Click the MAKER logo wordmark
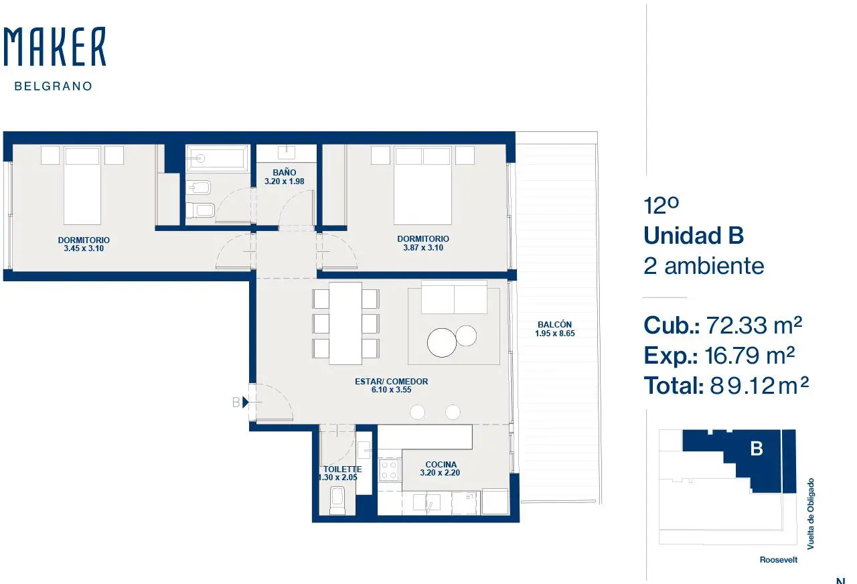pyautogui.click(x=55, y=47)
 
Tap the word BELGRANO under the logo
pyautogui.click(x=54, y=86)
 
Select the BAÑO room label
pyautogui.click(x=285, y=173)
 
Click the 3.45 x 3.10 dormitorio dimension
pyautogui.click(x=84, y=248)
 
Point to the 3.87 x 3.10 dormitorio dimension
pyautogui.click(x=423, y=248)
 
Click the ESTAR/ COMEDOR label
pyautogui.click(x=392, y=382)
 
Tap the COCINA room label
pyautogui.click(x=441, y=465)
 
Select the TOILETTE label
pyautogui.click(x=342, y=469)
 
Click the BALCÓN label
pyautogui.click(x=555, y=325)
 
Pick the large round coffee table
pyautogui.click(x=442, y=342)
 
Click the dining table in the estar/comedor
pyautogui.click(x=345, y=323)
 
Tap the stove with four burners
pyautogui.click(x=389, y=470)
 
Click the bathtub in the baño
pyautogui.click(x=217, y=157)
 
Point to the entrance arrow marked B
pyautogui.click(x=246, y=403)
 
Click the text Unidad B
pyautogui.click(x=694, y=235)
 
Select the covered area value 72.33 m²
pyautogui.click(x=754, y=325)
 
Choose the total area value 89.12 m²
pyautogui.click(x=759, y=385)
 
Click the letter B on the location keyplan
pyautogui.click(x=757, y=449)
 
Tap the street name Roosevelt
pyautogui.click(x=779, y=560)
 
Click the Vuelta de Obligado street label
pyautogui.click(x=810, y=514)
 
